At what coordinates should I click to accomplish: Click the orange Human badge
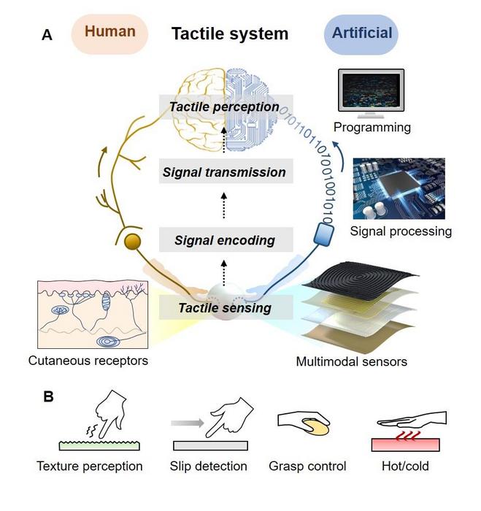pos(109,33)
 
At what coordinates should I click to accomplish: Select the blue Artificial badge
pos(362,34)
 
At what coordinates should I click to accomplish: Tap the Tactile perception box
pos(224,107)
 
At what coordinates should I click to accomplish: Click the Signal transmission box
pos(224,172)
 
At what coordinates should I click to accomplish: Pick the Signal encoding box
pos(224,239)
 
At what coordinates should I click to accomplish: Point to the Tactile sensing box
pos(224,307)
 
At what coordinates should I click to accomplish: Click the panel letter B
pos(48,398)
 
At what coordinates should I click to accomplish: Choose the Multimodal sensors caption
pos(351,361)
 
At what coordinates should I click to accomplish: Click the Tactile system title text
pos(229,34)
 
